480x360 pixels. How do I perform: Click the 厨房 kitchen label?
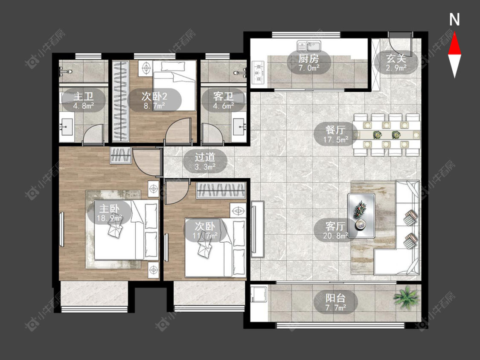308,58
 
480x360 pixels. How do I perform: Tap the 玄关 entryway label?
396,58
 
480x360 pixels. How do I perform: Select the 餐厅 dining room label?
335,130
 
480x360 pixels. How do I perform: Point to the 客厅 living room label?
335,226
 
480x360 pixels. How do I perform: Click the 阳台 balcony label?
335,298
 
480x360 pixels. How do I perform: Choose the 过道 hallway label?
205,157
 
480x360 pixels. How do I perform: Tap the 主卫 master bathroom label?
83,96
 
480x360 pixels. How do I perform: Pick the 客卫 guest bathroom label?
223,96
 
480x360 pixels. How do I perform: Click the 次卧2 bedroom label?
154,96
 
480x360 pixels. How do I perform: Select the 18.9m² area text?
109,218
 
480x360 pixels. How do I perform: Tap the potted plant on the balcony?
406,296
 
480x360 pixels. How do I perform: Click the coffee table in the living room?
361,215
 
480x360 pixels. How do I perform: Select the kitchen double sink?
308,46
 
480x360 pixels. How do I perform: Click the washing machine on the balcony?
259,294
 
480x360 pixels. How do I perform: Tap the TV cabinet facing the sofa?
257,229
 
